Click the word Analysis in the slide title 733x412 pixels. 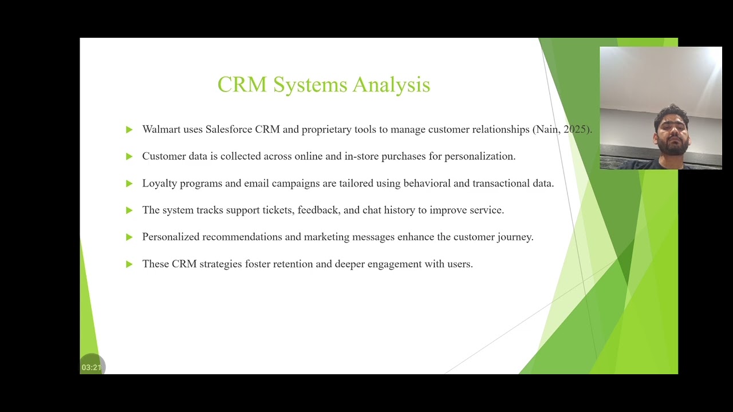[x=391, y=85]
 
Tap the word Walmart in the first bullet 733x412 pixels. [x=161, y=129]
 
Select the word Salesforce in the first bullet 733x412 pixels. [x=228, y=129]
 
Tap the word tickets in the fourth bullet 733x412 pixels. [x=278, y=210]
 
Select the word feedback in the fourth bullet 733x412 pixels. [x=318, y=210]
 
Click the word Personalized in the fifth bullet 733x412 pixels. [x=171, y=237]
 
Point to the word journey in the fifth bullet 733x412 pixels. [x=515, y=237]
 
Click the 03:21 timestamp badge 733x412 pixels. [x=92, y=367]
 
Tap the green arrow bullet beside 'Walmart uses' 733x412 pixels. [x=129, y=130]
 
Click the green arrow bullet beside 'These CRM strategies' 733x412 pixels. [x=129, y=264]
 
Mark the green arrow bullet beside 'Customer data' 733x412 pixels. [x=129, y=157]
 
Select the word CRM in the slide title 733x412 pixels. [x=242, y=85]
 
